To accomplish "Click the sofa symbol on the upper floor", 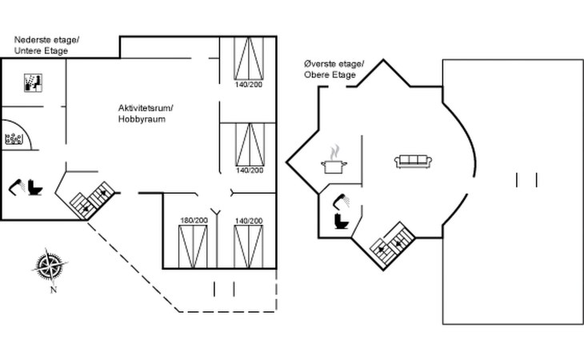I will pyautogui.click(x=413, y=162).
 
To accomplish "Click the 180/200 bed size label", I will pyautogui.click(x=194, y=220).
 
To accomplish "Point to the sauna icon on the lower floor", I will pyautogui.click(x=33, y=82).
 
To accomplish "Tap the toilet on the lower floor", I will pyautogui.click(x=35, y=186).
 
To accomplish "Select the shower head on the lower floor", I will pyautogui.click(x=16, y=188).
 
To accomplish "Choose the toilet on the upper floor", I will pyautogui.click(x=341, y=220).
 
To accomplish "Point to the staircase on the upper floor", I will pyautogui.click(x=391, y=242).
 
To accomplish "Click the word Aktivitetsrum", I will pyautogui.click(x=145, y=108).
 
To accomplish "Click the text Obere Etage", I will pyautogui.click(x=329, y=75).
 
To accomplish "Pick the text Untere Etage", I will pyautogui.click(x=41, y=51).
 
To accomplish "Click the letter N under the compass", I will pyautogui.click(x=53, y=290).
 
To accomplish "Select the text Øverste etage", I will pyautogui.click(x=334, y=64).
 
